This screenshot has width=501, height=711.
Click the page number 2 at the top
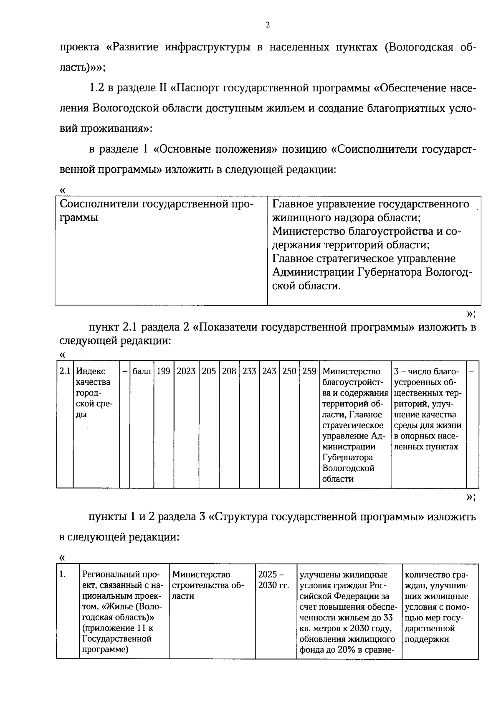[x=268, y=25]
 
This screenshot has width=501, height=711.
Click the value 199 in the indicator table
[x=163, y=371]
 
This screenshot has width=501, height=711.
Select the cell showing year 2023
[x=186, y=371]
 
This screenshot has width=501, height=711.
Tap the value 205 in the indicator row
[x=209, y=371]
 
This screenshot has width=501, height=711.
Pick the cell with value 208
[x=229, y=371]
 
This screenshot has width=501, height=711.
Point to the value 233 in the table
[x=249, y=371]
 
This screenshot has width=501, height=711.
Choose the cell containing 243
[x=269, y=371]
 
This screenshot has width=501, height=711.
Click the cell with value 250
[x=289, y=371]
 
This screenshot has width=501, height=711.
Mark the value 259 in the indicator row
[x=309, y=371]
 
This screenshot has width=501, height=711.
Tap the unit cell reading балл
[x=141, y=371]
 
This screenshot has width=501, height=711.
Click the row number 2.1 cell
[x=64, y=371]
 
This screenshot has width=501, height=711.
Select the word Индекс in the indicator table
[x=91, y=371]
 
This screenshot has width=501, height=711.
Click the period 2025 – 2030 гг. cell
[x=273, y=580]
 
